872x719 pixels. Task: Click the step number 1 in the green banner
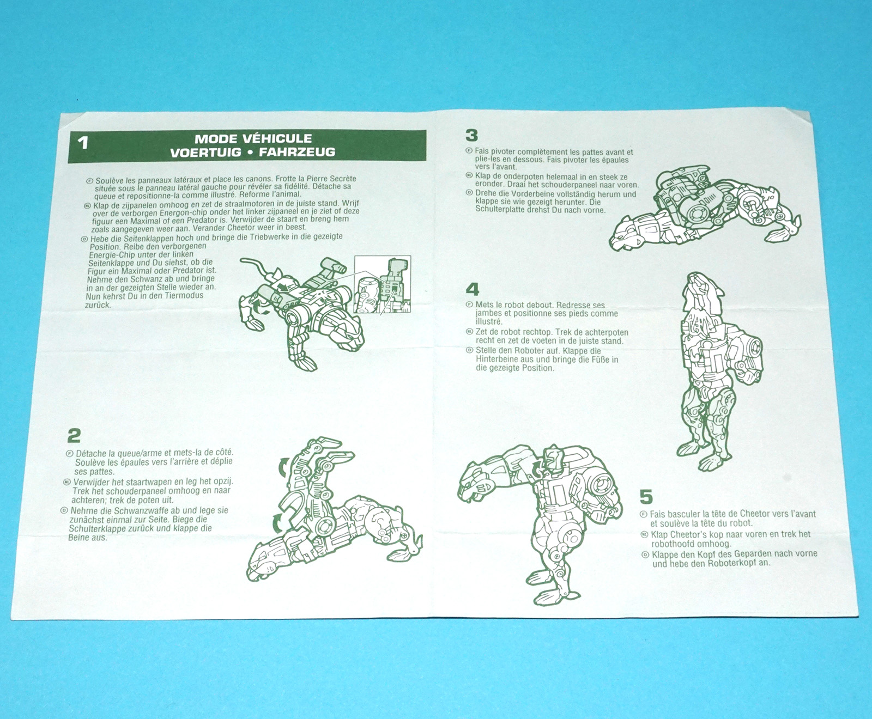83,143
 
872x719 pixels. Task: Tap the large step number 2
74,435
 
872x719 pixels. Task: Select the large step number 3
472,135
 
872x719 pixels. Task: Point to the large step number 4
473,289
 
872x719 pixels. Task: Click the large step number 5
646,497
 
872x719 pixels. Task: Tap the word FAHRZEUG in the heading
297,153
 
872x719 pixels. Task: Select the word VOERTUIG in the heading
205,153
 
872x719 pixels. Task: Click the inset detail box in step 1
382,284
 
